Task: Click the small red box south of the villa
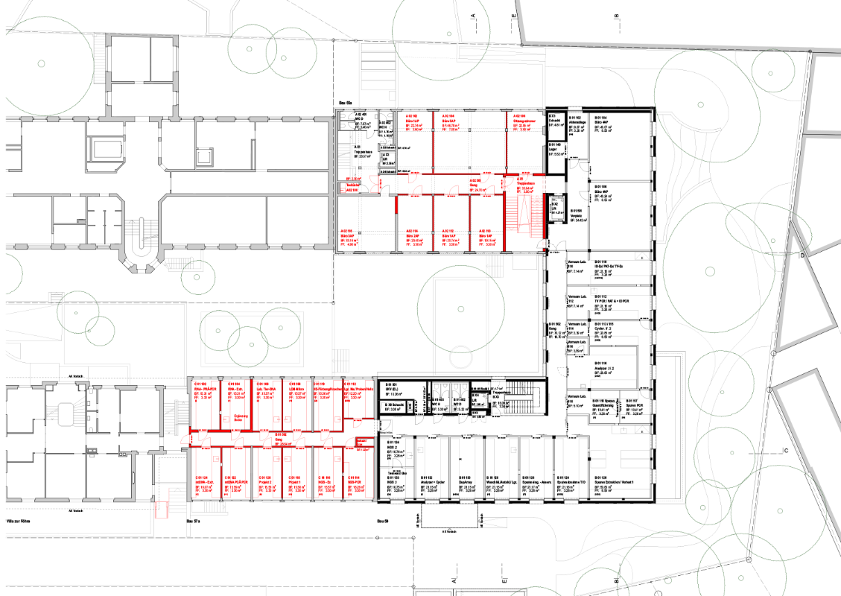(x=160, y=510)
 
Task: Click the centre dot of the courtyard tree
(x=461, y=308)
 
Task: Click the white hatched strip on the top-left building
(x=99, y=57)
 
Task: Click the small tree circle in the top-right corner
(x=772, y=72)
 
